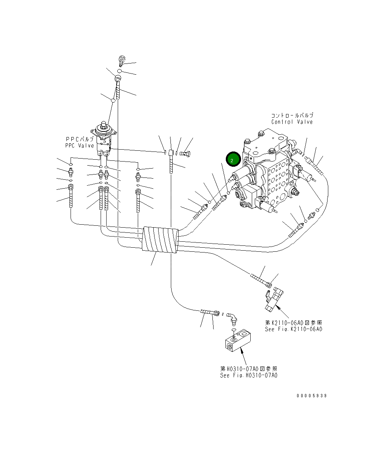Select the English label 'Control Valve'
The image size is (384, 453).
[292, 122]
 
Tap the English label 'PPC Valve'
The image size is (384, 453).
[79, 146]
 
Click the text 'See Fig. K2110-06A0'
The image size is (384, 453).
[293, 329]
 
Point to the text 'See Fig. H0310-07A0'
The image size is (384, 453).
[248, 375]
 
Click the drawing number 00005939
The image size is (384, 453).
[312, 396]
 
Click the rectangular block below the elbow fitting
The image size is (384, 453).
[238, 341]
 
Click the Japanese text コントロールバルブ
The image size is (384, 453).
[292, 115]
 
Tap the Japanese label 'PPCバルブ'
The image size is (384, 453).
[79, 139]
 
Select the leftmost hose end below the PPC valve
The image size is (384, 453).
[71, 199]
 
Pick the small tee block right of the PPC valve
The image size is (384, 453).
[170, 152]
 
